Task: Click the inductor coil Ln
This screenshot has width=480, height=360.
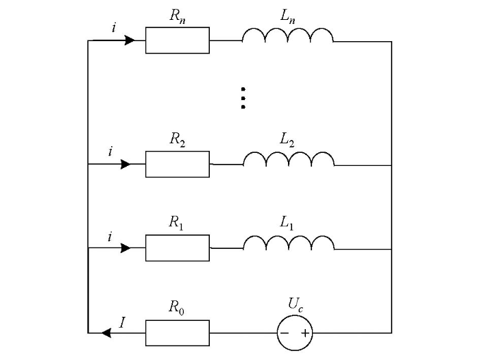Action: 288,29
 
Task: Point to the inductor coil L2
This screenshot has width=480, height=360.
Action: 289,153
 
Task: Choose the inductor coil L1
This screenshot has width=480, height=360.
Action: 289,237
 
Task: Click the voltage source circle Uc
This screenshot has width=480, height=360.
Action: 295,315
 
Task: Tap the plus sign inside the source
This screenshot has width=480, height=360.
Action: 305,333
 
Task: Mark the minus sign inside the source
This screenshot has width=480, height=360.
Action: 285,333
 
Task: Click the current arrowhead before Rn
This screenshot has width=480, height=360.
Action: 130,40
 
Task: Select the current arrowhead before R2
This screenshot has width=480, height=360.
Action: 125,164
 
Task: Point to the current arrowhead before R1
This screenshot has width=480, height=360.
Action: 125,248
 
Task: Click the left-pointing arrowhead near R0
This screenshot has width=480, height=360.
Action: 106,333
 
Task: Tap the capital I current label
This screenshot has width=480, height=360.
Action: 122,322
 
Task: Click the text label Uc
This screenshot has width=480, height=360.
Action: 296,304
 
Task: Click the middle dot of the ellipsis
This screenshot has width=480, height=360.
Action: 243,98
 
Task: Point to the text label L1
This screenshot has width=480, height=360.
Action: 287,223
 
